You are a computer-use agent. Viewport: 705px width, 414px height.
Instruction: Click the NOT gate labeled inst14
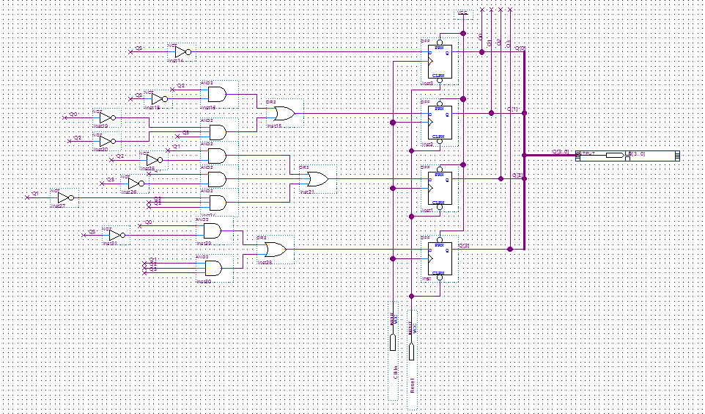[182, 51]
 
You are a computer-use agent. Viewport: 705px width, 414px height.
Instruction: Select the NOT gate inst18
[158, 99]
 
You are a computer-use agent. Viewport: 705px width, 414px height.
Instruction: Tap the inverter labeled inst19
[107, 117]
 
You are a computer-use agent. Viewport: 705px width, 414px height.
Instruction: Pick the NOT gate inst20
[107, 140]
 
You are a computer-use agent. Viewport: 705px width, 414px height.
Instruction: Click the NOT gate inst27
[65, 197]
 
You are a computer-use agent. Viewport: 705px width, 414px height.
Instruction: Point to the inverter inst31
[116, 235]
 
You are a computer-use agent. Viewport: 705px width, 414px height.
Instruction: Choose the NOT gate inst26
[135, 182]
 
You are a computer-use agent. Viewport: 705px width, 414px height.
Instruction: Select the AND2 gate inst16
[217, 94]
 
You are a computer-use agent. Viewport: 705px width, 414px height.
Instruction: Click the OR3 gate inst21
[317, 178]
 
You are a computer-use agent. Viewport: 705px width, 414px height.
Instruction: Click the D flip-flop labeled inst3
[440, 62]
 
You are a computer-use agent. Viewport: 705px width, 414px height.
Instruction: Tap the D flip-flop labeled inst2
[440, 123]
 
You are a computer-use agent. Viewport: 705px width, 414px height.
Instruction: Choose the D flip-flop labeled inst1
[440, 189]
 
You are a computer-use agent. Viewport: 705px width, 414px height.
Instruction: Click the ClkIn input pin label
[394, 373]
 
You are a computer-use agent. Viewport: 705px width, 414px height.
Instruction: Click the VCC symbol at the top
[462, 14]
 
